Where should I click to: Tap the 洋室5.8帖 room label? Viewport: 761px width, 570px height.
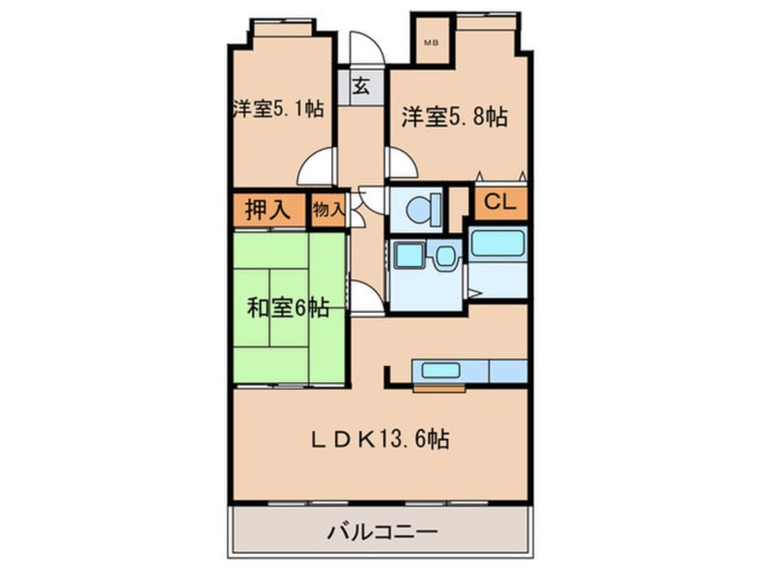(x=453, y=116)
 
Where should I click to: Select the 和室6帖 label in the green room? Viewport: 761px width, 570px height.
(x=287, y=308)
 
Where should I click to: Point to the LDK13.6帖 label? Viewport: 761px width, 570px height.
(x=381, y=440)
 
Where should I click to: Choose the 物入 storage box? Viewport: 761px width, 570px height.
(x=328, y=210)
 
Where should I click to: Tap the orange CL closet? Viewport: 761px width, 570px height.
(x=500, y=204)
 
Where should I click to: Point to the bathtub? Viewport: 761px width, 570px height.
(x=497, y=245)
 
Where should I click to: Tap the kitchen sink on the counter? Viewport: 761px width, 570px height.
(x=441, y=370)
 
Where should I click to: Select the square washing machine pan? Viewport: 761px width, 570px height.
(x=410, y=255)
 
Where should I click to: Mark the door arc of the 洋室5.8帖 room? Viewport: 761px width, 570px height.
(x=401, y=165)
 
